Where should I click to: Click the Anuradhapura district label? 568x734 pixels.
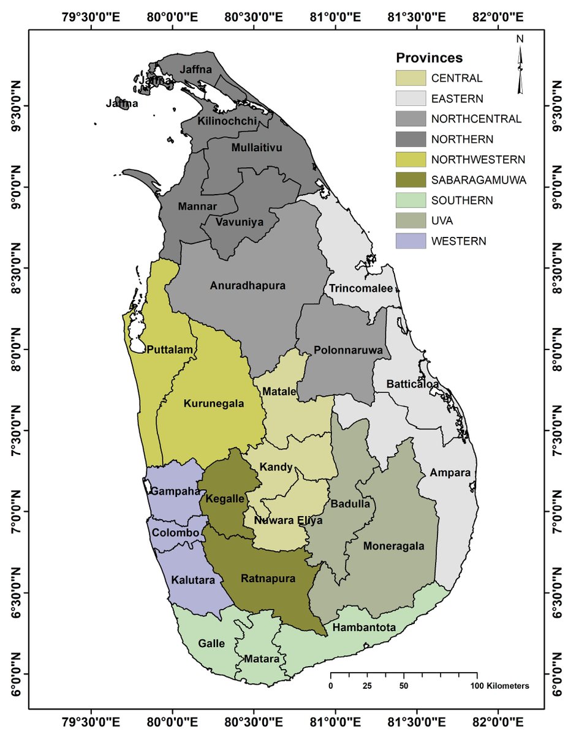pos(248,285)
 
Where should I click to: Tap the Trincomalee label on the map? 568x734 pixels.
pos(360,288)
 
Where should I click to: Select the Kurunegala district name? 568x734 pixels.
pos(214,403)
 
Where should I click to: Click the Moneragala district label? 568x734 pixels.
pos(393,546)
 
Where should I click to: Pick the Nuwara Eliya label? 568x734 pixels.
pos(283,520)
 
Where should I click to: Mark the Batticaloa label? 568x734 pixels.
pos(412,384)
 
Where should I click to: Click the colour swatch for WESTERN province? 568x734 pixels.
pos(411,241)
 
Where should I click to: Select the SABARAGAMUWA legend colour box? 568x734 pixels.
pos(411,180)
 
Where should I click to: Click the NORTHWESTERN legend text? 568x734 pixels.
pos(478,160)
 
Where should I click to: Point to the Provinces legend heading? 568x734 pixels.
pos(429,58)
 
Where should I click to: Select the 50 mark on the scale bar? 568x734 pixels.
pos(404,686)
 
